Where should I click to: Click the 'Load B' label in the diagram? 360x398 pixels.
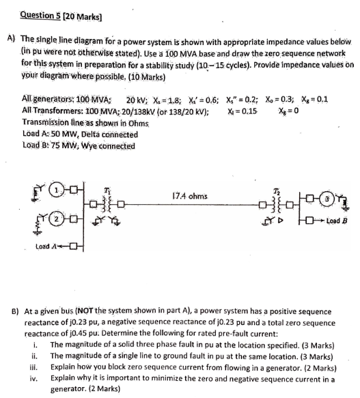337,221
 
